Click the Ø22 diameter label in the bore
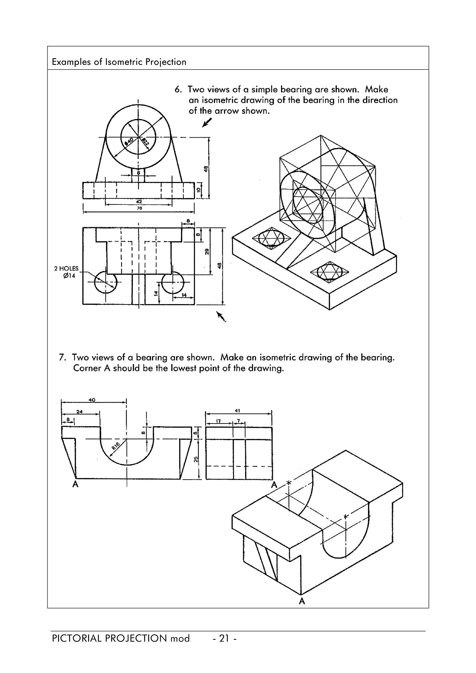(146, 142)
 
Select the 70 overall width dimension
(139, 208)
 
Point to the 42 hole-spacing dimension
(139, 202)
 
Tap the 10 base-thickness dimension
(198, 190)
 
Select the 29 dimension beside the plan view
(207, 251)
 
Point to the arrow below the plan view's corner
(221, 317)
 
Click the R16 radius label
(116, 446)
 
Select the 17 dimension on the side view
(218, 421)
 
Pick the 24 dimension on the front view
(79, 412)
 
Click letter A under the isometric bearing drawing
(302, 601)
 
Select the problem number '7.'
(62, 357)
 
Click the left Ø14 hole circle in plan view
(105, 282)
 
